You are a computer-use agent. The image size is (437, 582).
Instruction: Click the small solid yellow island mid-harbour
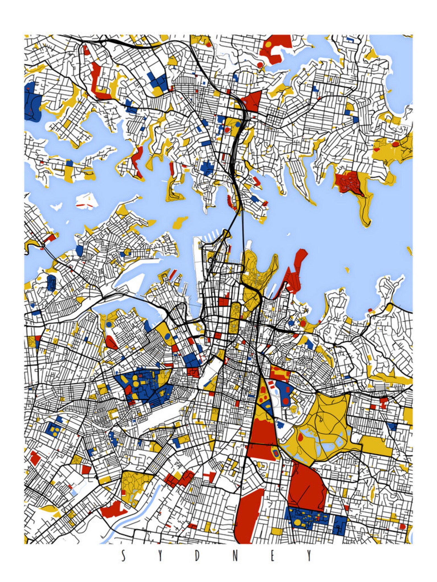pyautogui.click(x=180, y=222)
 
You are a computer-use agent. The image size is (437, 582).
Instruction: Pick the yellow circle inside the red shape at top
pyautogui.click(x=268, y=44)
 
